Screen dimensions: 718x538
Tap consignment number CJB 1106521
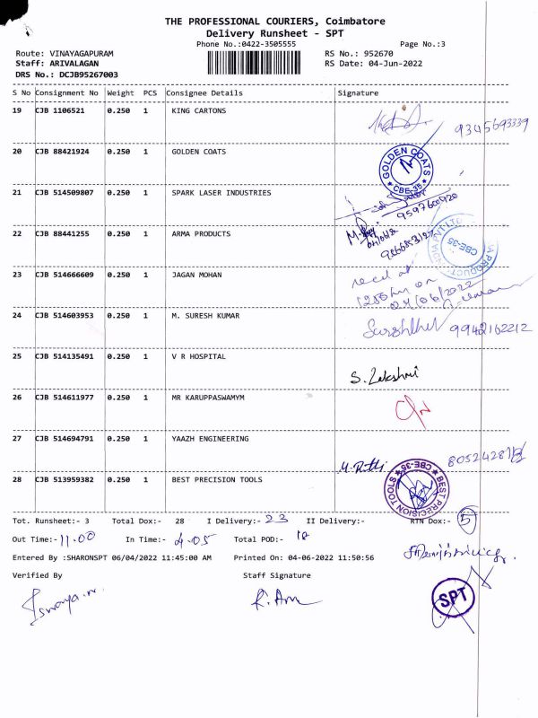tap(61, 111)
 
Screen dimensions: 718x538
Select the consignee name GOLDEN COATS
tap(198, 153)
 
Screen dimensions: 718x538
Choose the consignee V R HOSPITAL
tap(198, 356)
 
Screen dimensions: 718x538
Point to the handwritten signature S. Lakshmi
tap(386, 373)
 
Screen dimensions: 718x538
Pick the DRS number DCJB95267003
tap(76, 74)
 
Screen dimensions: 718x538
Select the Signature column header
tap(358, 92)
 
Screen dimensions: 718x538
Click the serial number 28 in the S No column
tap(17, 480)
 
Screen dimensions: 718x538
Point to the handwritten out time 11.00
tap(77, 540)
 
